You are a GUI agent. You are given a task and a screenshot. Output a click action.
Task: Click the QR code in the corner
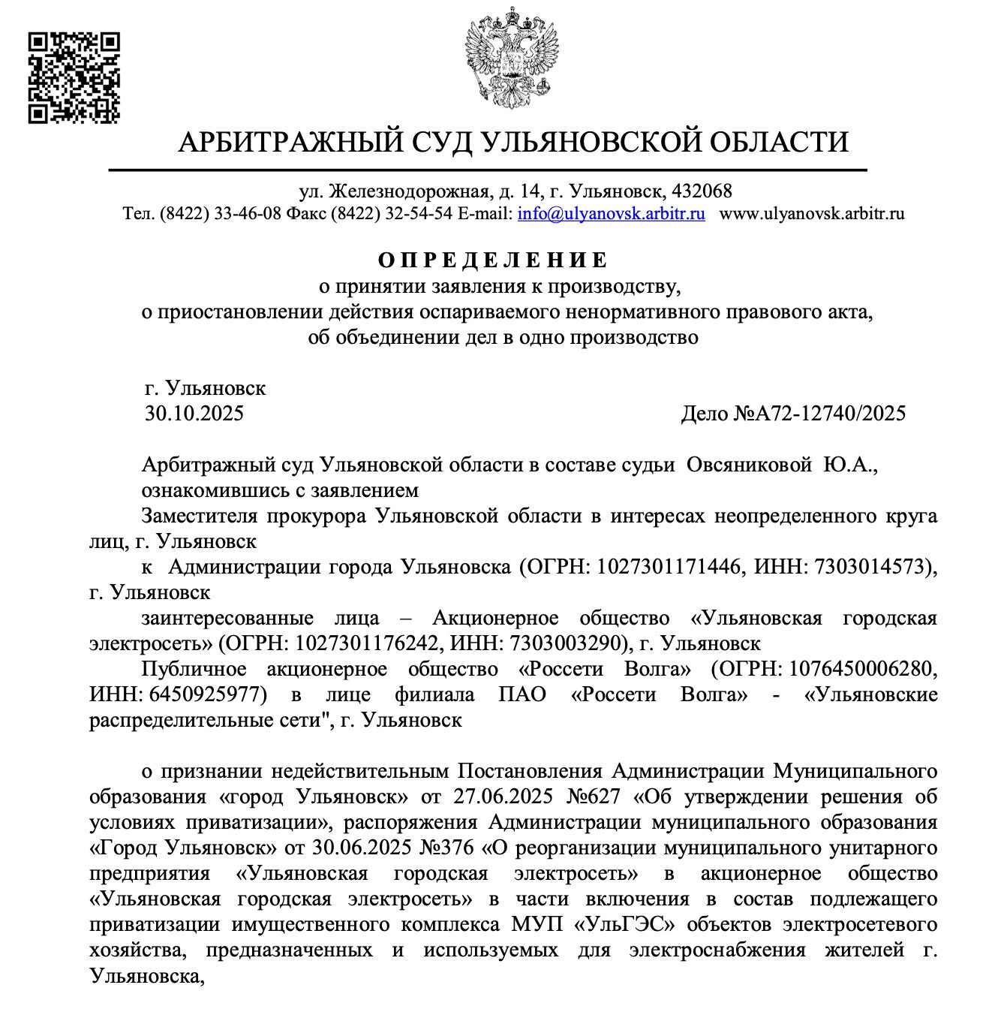(74, 77)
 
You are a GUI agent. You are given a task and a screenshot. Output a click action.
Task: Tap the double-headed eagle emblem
(513, 58)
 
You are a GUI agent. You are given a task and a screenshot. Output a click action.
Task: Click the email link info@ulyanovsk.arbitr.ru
(611, 213)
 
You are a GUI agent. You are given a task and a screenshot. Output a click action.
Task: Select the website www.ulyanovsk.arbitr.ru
(812, 213)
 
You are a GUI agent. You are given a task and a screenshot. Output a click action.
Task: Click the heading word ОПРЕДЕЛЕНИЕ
(493, 261)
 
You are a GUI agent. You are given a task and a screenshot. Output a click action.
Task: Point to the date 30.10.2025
(194, 414)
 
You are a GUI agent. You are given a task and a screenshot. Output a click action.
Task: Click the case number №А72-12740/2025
(819, 414)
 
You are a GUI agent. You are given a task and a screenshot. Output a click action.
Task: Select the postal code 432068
(702, 191)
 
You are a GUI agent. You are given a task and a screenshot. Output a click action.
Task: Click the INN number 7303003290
(567, 644)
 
